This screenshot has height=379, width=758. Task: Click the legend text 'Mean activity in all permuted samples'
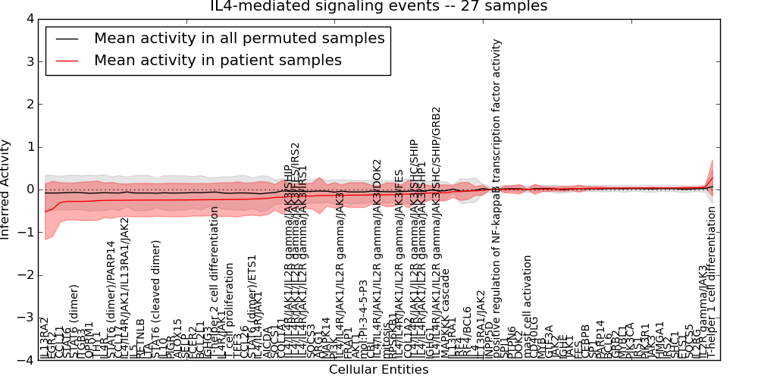[239, 38]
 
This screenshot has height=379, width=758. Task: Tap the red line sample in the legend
[66, 61]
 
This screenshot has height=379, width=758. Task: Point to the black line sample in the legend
[66, 39]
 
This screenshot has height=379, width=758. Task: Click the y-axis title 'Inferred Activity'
[7, 189]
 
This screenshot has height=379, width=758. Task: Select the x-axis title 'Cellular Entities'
[378, 370]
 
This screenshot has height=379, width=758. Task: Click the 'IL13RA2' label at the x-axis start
[44, 337]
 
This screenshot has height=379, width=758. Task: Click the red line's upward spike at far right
[712, 177]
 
